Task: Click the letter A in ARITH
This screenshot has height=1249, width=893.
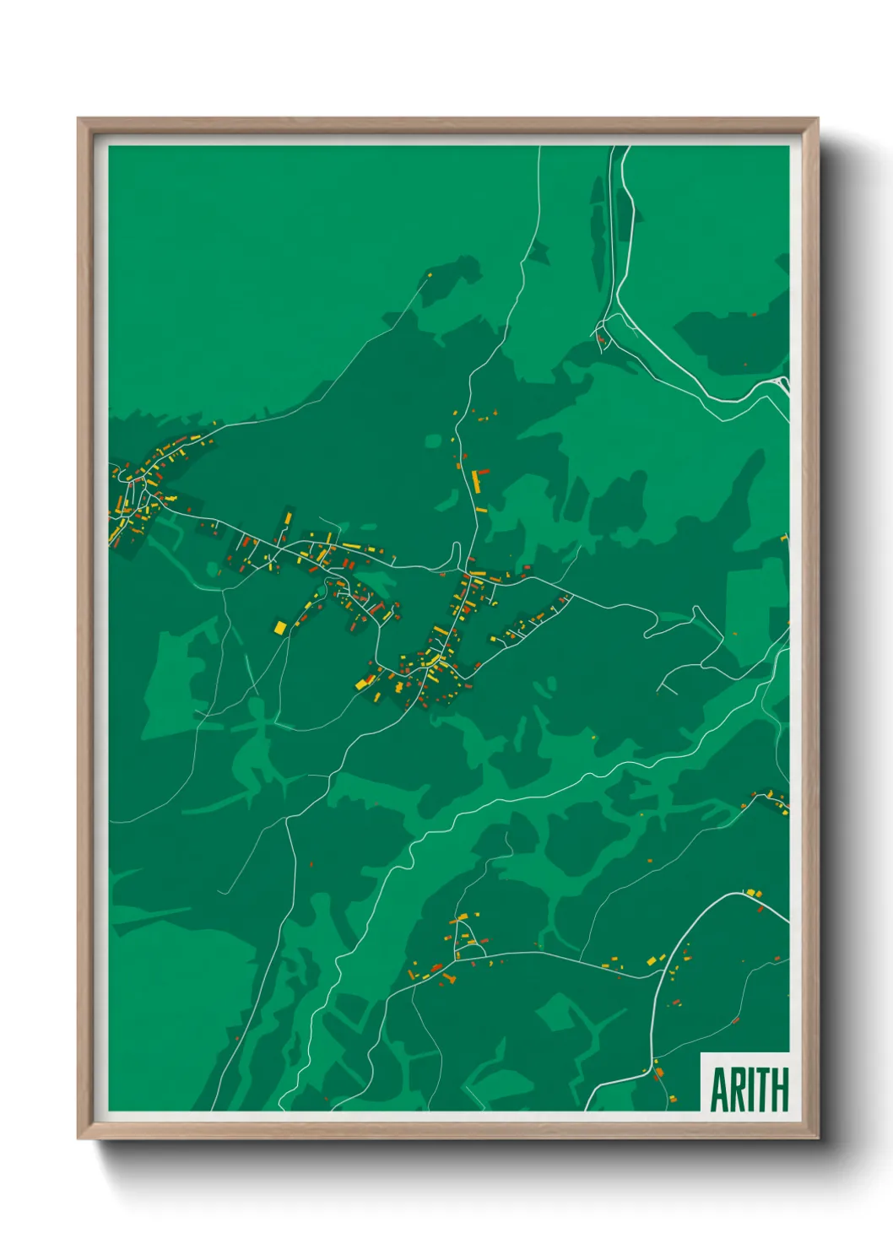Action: point(720,1090)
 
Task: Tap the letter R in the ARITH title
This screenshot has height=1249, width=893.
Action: point(738,1090)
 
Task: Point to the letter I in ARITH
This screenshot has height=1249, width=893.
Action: point(750,1090)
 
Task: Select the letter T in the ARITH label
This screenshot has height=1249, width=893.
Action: point(762,1090)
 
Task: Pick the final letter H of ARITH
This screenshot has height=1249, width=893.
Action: point(779,1090)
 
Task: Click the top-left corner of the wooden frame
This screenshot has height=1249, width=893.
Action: point(78,119)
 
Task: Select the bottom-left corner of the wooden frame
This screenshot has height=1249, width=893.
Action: point(78,1138)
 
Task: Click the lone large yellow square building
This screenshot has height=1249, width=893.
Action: point(280,628)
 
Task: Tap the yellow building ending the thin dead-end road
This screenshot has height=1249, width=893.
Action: point(429,274)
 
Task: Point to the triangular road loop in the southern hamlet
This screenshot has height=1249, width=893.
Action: point(463,937)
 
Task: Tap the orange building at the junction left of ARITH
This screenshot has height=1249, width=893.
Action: point(659,1073)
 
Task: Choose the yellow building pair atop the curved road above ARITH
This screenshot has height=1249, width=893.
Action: point(751,893)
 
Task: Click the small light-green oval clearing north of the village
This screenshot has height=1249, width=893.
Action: point(433,441)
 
